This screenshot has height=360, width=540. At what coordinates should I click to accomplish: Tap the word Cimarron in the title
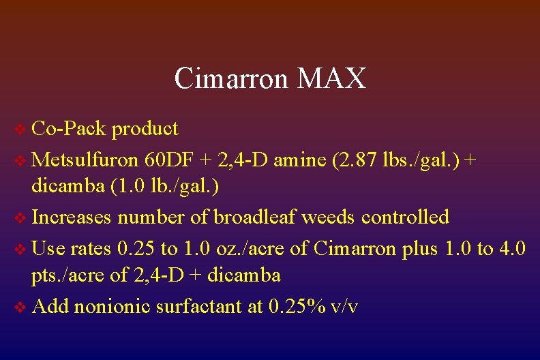pos(232,78)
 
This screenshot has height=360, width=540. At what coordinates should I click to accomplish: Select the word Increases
pos(72,217)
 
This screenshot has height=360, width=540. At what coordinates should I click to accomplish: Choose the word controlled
pos(405,217)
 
